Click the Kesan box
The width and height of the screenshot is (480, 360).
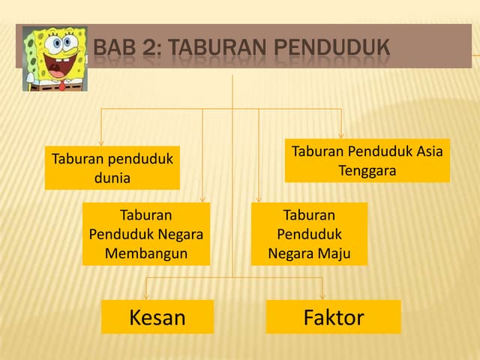[x=157, y=316]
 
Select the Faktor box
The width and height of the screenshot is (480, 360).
[x=333, y=316]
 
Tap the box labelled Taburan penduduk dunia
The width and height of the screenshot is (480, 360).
[x=112, y=168]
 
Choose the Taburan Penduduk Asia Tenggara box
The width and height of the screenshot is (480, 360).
[x=367, y=160]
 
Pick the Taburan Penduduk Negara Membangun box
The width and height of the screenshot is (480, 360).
[x=146, y=234]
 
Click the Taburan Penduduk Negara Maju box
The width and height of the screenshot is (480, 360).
[x=309, y=234]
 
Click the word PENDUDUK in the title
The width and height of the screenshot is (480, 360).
[x=331, y=47]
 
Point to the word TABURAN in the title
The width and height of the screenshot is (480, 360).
[x=217, y=47]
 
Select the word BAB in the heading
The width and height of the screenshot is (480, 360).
[x=115, y=47]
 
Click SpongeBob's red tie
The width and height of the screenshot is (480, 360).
[x=62, y=85]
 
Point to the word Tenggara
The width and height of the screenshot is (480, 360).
[x=367, y=171]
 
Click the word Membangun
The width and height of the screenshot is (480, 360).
[x=146, y=254]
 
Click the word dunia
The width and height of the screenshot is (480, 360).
[x=112, y=178]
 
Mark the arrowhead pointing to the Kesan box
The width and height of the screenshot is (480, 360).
[x=146, y=296]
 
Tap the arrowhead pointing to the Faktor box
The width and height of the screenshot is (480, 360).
[x=322, y=296]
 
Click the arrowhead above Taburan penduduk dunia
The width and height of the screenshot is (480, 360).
[x=101, y=142]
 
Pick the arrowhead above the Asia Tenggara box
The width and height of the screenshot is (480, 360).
[x=341, y=135]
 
